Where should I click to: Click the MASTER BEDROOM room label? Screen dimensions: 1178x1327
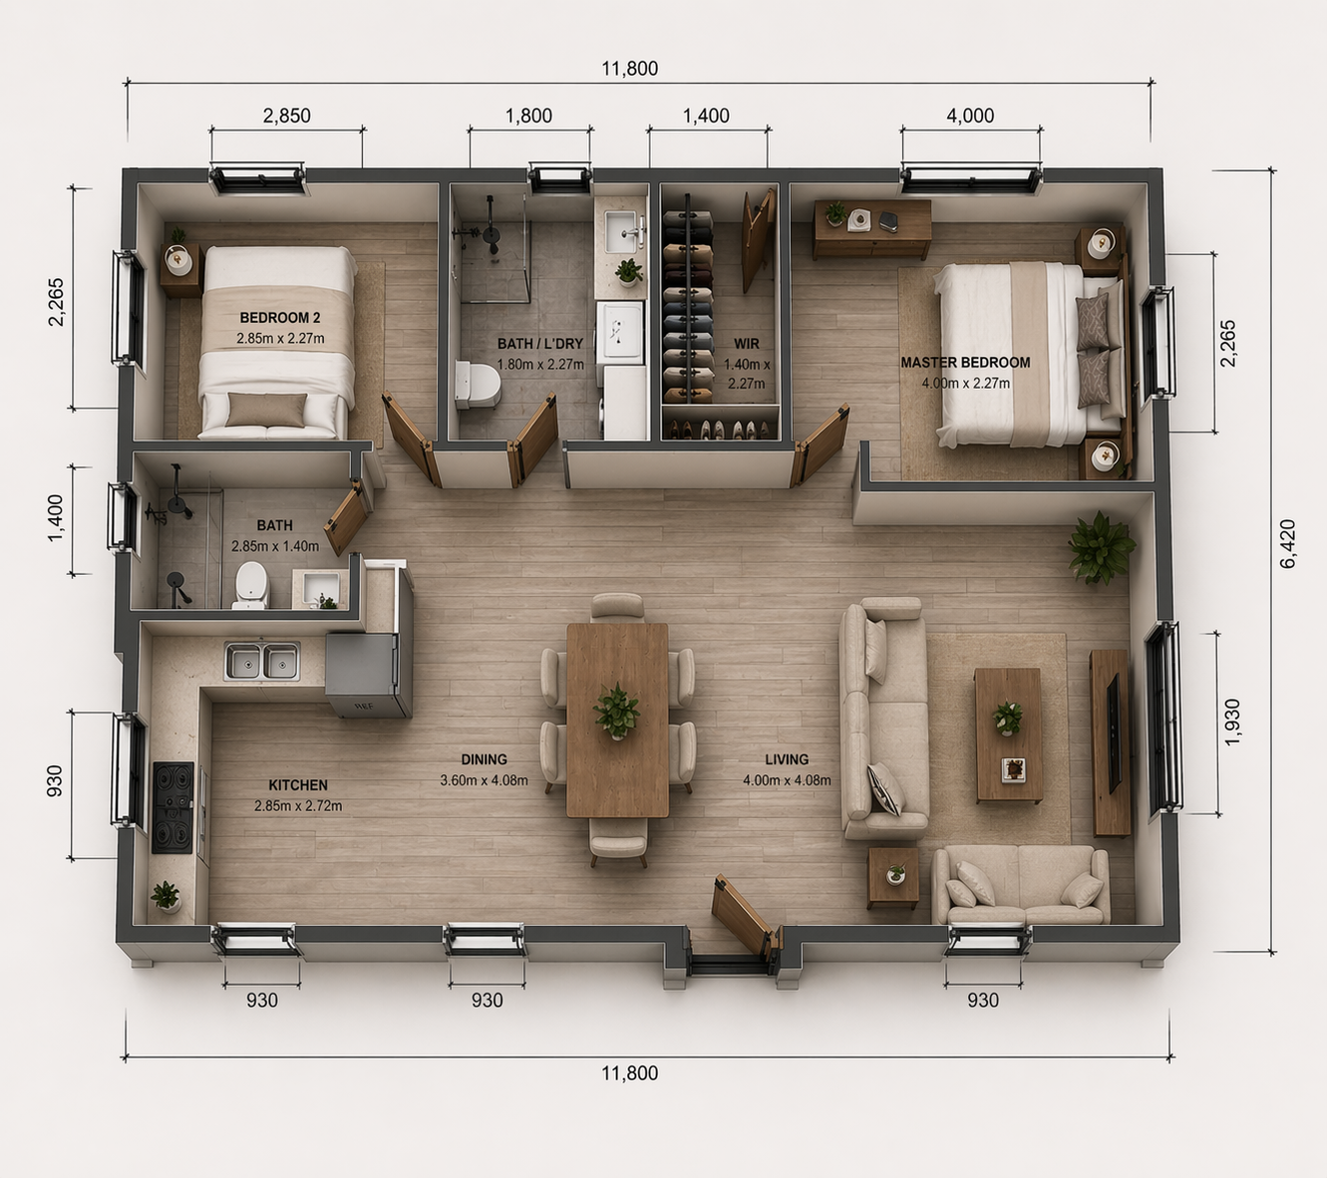click(965, 363)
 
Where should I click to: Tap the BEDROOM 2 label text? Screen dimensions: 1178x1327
click(279, 318)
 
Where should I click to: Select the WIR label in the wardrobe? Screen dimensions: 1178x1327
click(746, 344)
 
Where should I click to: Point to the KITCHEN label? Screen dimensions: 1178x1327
click(297, 785)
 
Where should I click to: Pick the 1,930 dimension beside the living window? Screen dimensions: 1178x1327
click(1231, 722)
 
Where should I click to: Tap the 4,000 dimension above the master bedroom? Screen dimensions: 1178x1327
click(970, 116)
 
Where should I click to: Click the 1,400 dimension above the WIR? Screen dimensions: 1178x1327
click(706, 116)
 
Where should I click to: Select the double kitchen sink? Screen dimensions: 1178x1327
click(262, 661)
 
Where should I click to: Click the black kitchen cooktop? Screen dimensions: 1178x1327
click(171, 807)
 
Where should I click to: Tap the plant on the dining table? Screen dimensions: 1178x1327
click(617, 711)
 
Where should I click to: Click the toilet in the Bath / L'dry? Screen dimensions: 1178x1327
click(477, 385)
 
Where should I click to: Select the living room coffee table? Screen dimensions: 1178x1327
click(1008, 735)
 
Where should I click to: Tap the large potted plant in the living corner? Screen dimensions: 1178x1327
click(1101, 547)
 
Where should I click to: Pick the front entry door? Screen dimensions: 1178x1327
click(744, 915)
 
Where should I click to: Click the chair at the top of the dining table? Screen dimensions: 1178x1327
click(617, 607)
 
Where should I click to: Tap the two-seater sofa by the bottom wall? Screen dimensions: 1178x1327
click(1020, 885)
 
